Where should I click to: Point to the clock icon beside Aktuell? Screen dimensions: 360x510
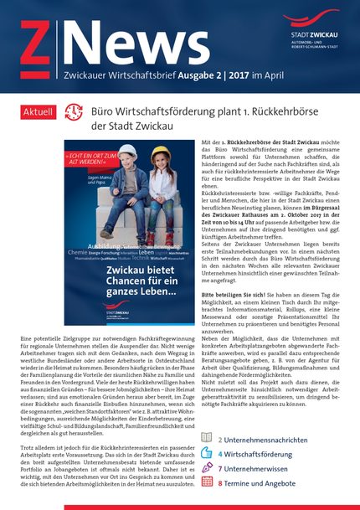pyautogui.click(x=74, y=111)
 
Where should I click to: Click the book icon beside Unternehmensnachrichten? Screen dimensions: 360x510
pyautogui.click(x=205, y=438)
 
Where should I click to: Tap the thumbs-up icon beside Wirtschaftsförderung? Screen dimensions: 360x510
pyautogui.click(x=205, y=453)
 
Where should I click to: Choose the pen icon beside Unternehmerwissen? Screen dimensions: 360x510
pyautogui.click(x=205, y=468)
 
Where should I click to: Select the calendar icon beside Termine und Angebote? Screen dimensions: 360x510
pyautogui.click(x=205, y=483)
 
